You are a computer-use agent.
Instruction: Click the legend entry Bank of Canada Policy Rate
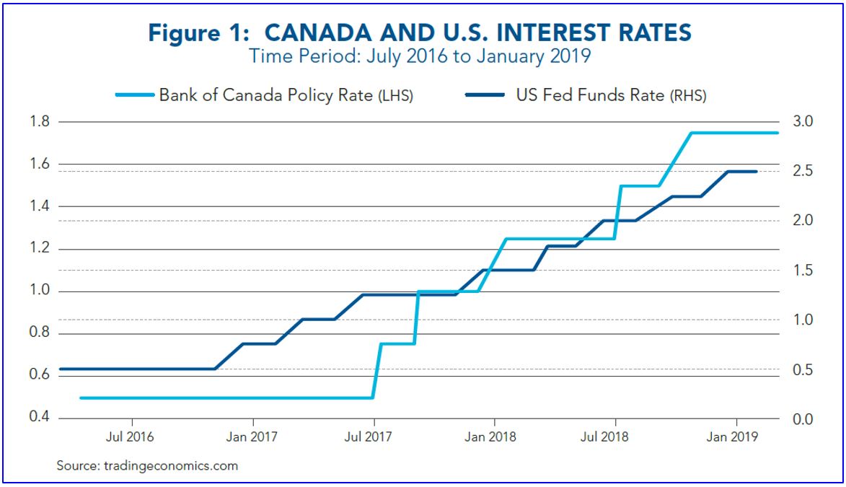pyautogui.click(x=286, y=95)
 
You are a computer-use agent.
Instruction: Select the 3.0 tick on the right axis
pyautogui.click(x=803, y=121)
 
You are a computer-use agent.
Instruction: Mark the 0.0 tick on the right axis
pyautogui.click(x=803, y=419)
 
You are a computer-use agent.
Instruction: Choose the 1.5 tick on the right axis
pyautogui.click(x=803, y=271)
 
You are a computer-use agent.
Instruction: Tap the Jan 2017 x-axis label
pyautogui.click(x=252, y=436)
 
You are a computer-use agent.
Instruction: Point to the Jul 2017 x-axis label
pyautogui.click(x=373, y=436)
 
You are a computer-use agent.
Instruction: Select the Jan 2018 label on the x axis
pyautogui.click(x=494, y=436)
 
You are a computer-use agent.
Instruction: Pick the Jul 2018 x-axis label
pyautogui.click(x=614, y=436)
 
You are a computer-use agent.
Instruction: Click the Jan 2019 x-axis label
pyautogui.click(x=736, y=436)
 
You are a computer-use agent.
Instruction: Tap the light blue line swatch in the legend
pyautogui.click(x=134, y=95)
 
